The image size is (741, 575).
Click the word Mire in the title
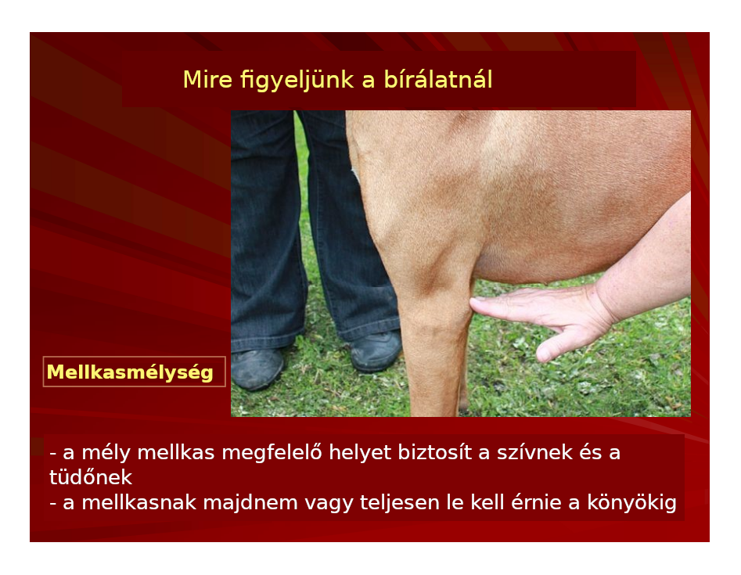[207, 79]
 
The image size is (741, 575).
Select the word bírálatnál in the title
[438, 79]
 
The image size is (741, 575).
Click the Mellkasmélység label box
[135, 372]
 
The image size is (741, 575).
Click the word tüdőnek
[91, 477]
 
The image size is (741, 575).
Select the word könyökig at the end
[631, 503]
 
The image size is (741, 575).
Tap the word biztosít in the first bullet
[434, 453]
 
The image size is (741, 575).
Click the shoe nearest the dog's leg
[376, 350]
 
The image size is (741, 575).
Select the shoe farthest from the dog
[257, 368]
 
